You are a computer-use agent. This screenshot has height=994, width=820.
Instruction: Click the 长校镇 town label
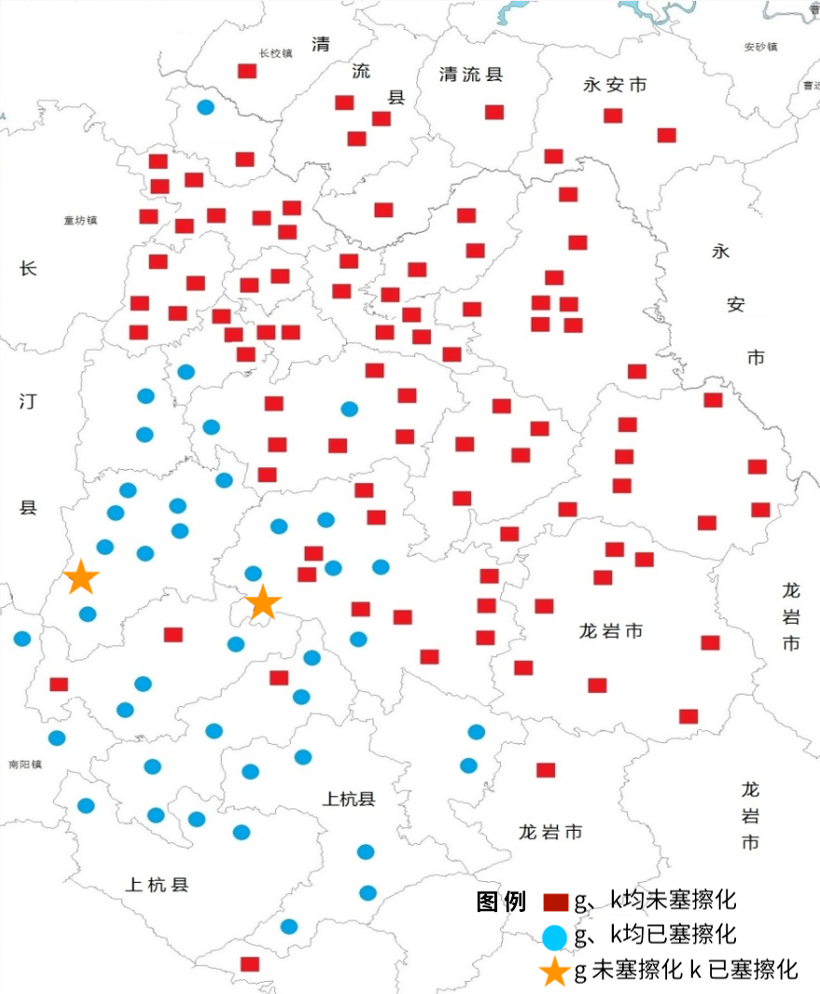tap(276, 53)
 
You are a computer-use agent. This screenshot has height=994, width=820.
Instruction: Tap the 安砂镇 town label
tap(761, 47)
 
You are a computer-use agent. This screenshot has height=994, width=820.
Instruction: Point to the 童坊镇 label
tap(81, 221)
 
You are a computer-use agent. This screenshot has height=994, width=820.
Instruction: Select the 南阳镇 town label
tap(25, 765)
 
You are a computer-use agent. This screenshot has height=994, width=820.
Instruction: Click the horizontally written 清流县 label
tap(471, 75)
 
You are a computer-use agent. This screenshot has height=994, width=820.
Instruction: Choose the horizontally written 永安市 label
tap(615, 85)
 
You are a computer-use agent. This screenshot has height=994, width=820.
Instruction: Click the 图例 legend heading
tap(501, 903)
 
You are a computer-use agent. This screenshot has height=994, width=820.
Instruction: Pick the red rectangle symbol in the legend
tap(556, 903)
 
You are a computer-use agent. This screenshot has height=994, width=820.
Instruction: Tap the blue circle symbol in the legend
tap(556, 935)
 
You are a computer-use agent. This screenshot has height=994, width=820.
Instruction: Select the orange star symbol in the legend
tap(555, 972)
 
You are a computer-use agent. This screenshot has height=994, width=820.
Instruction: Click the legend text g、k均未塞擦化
tap(655, 902)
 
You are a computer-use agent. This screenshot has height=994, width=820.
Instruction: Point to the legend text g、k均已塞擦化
tap(655, 934)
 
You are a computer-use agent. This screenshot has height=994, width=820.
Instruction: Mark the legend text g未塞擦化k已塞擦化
tap(686, 970)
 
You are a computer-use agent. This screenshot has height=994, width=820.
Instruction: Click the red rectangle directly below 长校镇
tap(247, 71)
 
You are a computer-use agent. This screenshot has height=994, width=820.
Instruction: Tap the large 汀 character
tap(28, 402)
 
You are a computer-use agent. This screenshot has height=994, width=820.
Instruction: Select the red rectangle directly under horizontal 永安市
tap(613, 116)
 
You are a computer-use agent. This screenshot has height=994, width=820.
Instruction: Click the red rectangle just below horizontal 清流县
tap(494, 112)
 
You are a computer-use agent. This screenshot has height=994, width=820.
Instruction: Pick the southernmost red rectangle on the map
tap(249, 963)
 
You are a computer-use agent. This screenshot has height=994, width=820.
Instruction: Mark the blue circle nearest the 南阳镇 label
tap(57, 738)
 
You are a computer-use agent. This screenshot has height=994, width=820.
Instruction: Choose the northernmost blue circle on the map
tap(206, 107)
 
